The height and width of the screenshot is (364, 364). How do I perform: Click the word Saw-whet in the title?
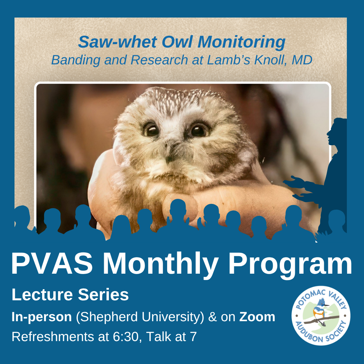point(118,42)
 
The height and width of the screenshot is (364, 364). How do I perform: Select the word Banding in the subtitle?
point(76,60)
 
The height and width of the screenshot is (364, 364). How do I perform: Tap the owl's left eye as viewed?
point(151,130)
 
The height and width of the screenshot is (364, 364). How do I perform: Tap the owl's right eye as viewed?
point(199,130)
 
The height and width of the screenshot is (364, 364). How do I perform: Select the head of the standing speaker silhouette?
point(336,131)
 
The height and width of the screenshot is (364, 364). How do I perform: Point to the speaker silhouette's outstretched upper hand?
point(293,182)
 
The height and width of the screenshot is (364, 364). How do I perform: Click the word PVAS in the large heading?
point(52,264)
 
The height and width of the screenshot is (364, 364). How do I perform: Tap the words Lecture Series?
point(70,295)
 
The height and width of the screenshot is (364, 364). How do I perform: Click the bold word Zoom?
point(257,317)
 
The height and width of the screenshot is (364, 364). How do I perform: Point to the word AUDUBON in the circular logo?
point(308,332)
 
